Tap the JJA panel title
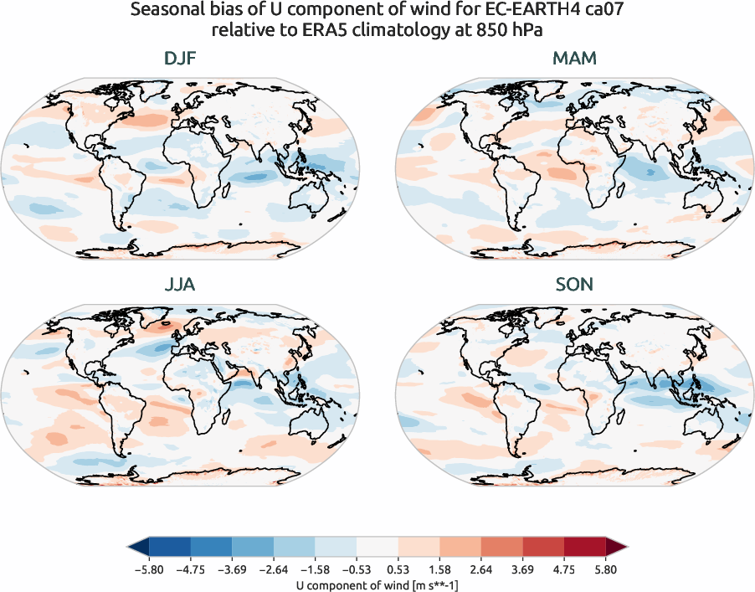(x=181, y=285)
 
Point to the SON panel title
(x=574, y=285)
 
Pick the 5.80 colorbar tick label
(x=606, y=569)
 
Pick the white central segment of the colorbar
(x=377, y=548)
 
